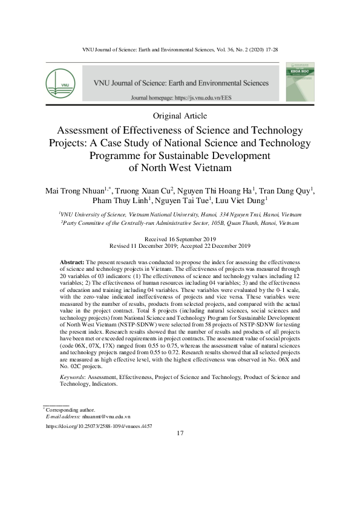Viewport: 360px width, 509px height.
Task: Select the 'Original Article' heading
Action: coord(180,115)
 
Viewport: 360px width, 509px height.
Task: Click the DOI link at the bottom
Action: coord(99,426)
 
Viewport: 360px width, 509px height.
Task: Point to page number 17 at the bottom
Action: coord(180,433)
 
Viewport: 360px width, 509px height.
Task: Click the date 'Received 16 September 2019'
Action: coord(180,240)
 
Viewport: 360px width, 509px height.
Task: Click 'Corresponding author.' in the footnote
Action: coord(70,410)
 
